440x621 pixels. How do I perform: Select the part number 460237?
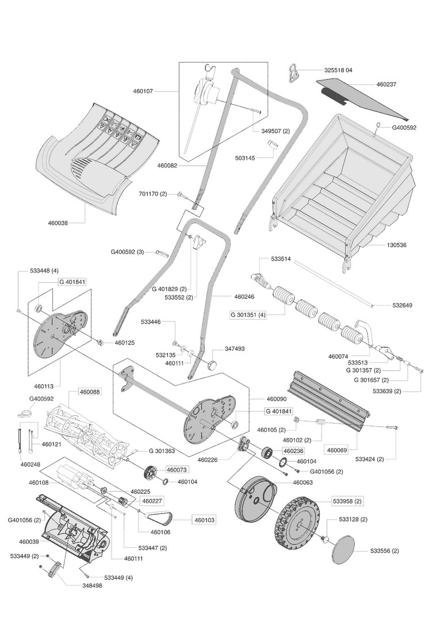coord(387,85)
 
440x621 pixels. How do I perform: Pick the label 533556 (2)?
coord(384,551)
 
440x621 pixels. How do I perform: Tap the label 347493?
coord(234,348)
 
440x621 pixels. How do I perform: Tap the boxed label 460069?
coord(337,450)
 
